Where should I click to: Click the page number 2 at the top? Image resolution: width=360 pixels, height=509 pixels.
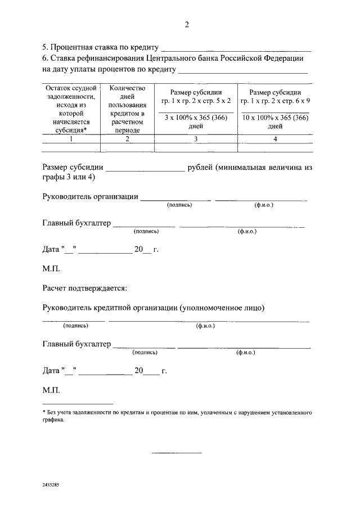pyautogui.click(x=186, y=25)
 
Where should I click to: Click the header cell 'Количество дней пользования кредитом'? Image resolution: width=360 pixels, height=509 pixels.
pyautogui.click(x=127, y=109)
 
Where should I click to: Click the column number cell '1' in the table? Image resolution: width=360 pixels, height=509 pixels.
pyautogui.click(x=71, y=139)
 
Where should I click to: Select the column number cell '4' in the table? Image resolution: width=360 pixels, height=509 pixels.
pyautogui.click(x=275, y=139)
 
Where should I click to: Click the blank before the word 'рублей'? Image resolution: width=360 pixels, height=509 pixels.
pyautogui.click(x=145, y=169)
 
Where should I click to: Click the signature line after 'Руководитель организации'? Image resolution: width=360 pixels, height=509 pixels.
pyautogui.click(x=175, y=199)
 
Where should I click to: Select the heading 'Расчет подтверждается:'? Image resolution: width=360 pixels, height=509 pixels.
pyautogui.click(x=84, y=289)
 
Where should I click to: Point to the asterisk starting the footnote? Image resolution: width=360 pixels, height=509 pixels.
pyautogui.click(x=44, y=413)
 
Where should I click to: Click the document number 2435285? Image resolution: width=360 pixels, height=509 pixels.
pyautogui.click(x=52, y=484)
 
